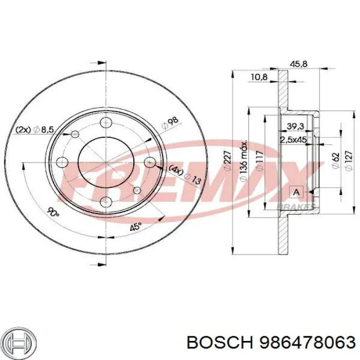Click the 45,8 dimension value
pyautogui.click(x=299, y=64)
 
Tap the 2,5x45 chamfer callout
pyautogui.click(x=293, y=139)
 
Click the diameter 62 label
pyautogui.click(x=335, y=161)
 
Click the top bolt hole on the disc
pyautogui.click(x=106, y=122)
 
